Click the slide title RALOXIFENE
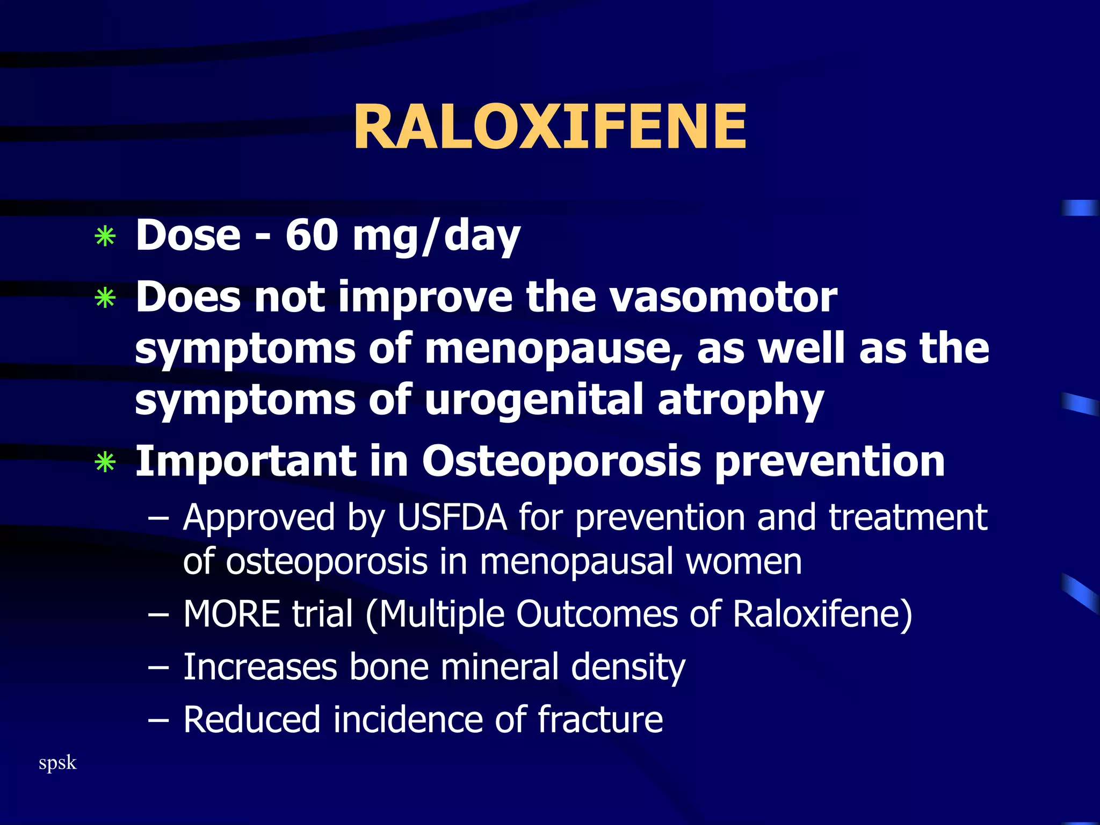[x=549, y=127]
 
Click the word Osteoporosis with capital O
[x=561, y=461]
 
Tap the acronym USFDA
[x=452, y=517]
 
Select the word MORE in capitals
[x=231, y=614]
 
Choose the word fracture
[x=600, y=719]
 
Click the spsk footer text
[x=57, y=763]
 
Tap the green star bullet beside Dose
[x=105, y=236]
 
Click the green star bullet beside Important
[x=105, y=462]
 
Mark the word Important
[x=244, y=461]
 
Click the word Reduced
[x=252, y=719]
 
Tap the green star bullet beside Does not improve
[x=105, y=298]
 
